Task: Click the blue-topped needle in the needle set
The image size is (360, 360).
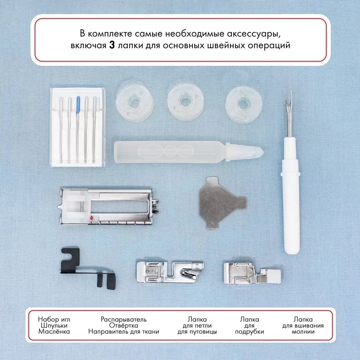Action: [x=78, y=129]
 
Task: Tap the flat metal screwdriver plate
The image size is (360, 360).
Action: [x=221, y=203]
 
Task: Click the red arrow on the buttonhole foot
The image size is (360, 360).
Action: [x=91, y=218]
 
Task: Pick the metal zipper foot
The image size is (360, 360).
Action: [x=252, y=273]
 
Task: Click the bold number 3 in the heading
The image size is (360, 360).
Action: [x=112, y=45]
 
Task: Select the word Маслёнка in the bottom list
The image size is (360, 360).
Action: [x=54, y=332]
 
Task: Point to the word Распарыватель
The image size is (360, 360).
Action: [x=123, y=319]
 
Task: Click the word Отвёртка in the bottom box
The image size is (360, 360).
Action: [x=123, y=325]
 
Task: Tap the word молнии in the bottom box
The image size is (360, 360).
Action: [x=303, y=332]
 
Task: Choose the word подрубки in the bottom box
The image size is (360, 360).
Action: [x=249, y=332]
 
